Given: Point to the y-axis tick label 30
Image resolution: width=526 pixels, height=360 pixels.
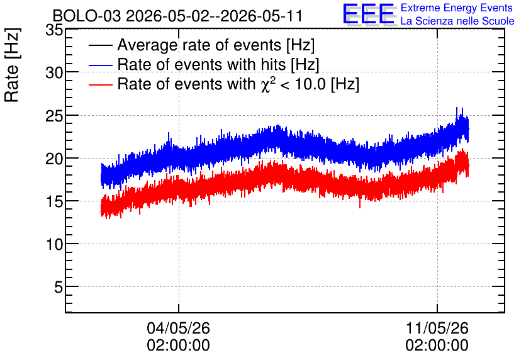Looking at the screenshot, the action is point(54,72).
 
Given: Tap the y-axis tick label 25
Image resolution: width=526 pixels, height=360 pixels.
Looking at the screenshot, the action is point(54,116).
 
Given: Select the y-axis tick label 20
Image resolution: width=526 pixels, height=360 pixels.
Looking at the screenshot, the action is point(54,159).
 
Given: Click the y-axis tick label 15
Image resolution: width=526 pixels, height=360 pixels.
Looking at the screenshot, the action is point(54,201).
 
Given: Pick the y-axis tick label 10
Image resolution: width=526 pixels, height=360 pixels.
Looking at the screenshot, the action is point(54,245).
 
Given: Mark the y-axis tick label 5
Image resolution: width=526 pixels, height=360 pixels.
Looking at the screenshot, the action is point(59,288).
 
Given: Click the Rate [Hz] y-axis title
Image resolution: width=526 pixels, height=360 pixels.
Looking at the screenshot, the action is point(12,65).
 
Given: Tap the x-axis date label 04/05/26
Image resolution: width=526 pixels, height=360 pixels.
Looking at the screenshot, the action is point(178,328).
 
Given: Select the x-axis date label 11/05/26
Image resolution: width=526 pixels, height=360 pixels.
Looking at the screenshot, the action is point(437,328).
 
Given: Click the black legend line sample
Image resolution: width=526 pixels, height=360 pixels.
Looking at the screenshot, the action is point(100,45).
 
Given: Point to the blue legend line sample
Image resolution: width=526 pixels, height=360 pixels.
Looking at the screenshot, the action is point(100,65).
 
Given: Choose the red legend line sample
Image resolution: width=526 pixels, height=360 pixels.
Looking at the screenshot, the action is point(100,84).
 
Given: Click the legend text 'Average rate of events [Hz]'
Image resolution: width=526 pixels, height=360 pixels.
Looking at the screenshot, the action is point(216,45).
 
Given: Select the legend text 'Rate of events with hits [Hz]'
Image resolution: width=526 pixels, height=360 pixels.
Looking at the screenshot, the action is point(218,65).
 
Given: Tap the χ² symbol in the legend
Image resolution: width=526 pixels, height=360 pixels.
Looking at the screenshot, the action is point(267,84).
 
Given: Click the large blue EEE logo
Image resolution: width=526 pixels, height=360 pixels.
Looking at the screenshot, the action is point(368,14).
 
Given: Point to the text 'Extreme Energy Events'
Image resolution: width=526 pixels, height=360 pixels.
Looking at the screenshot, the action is point(457,8).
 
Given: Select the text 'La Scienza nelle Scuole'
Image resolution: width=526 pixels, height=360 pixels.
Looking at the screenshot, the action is point(457,21).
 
